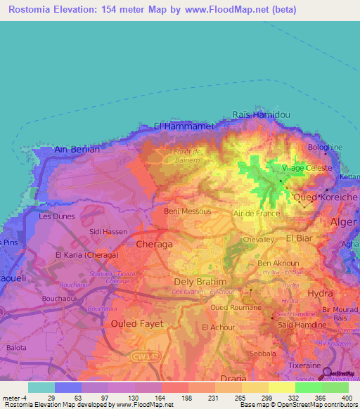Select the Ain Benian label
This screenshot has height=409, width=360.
pyautogui.click(x=77, y=150)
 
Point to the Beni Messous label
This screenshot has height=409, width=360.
pyautogui.click(x=183, y=211)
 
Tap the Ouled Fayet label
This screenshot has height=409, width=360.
pyautogui.click(x=137, y=323)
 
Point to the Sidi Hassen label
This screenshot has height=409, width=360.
pyautogui.click(x=105, y=231)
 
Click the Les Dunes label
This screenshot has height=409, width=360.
pyautogui.click(x=56, y=216)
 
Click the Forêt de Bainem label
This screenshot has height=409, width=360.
pyautogui.click(x=188, y=155)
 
